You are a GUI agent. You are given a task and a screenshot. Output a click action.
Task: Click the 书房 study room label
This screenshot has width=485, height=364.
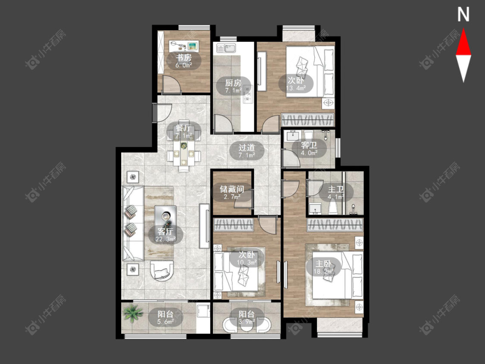[x=184, y=57]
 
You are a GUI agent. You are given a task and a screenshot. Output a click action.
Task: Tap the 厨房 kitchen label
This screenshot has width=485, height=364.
[x=233, y=83]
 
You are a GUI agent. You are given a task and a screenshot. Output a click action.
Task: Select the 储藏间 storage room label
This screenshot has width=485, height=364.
[x=232, y=189]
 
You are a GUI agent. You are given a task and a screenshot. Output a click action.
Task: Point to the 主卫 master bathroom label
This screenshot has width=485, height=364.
[x=335, y=189]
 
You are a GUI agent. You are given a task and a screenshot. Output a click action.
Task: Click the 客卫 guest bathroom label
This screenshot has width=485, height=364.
[x=309, y=145]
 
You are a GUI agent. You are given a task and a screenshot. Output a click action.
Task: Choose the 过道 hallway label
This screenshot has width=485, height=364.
[x=247, y=147]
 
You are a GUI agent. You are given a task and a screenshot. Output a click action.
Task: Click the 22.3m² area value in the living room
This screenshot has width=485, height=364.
[x=166, y=239]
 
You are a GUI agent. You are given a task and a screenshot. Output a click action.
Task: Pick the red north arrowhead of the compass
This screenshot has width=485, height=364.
[x=463, y=42]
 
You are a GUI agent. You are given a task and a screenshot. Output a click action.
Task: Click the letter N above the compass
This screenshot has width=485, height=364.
[x=463, y=15]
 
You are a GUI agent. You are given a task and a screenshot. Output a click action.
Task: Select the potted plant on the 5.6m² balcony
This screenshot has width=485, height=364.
[x=133, y=313]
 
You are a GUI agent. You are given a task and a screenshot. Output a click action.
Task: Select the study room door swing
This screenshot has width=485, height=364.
[x=171, y=84]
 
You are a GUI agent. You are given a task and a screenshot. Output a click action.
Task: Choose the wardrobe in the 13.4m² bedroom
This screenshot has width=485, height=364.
[x=308, y=119]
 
